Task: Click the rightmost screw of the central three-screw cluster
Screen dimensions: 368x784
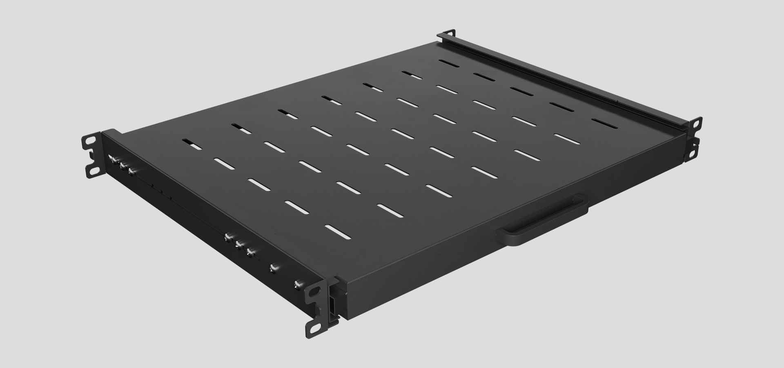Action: click(x=250, y=252)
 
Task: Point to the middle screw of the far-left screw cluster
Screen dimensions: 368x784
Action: click(x=122, y=165)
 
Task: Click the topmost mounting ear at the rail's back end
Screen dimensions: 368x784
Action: click(x=449, y=33)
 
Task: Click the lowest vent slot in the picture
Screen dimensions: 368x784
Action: click(x=337, y=232)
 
